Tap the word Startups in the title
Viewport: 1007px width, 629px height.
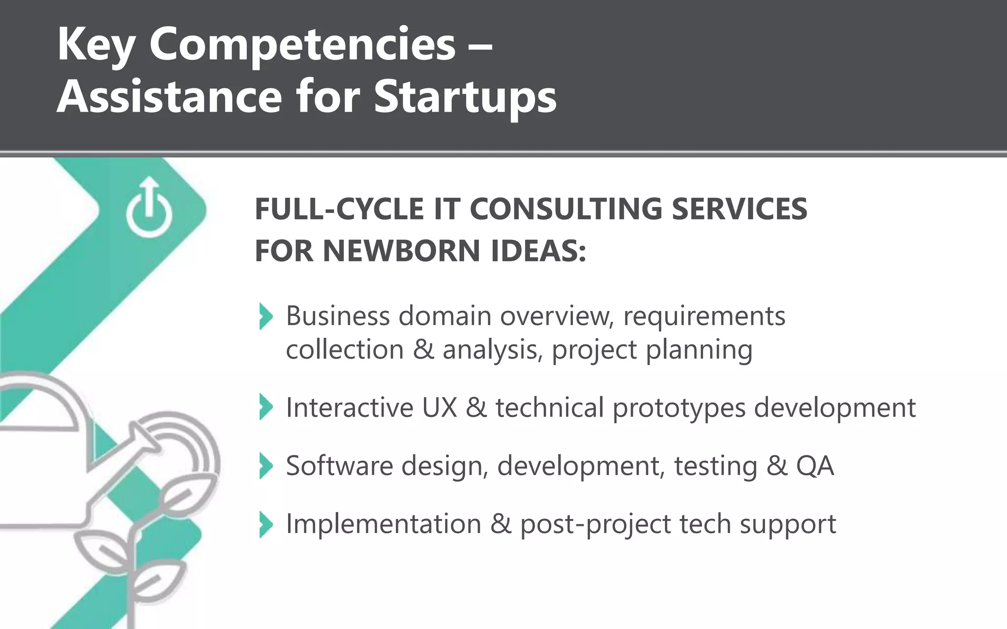[465, 96]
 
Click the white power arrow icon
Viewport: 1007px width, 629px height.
[149, 208]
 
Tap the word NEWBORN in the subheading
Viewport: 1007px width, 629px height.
[401, 251]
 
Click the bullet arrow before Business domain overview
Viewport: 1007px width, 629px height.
[266, 316]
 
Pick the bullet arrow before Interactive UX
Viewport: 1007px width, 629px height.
[266, 407]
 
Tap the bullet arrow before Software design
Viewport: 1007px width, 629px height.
[266, 466]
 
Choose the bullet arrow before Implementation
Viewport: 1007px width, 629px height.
[266, 524]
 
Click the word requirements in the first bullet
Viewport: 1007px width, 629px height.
[704, 316]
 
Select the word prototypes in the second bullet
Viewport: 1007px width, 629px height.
[679, 408]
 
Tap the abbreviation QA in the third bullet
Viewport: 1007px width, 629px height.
[815, 466]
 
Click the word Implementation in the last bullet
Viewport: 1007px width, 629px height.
[384, 524]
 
